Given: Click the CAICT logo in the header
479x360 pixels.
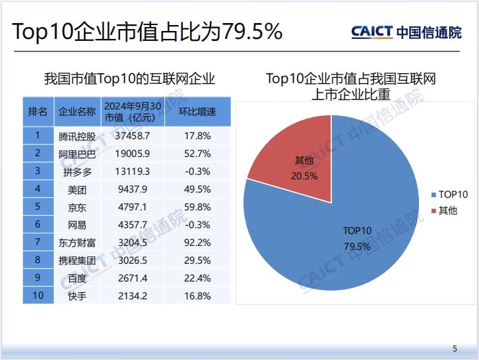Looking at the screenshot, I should click(406, 32).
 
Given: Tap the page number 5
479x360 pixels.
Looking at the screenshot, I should click(454, 349).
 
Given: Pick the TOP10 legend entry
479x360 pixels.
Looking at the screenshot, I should click(449, 195).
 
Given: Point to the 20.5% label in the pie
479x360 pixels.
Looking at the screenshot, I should click(304, 176).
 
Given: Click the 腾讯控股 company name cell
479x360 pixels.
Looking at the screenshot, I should click(77, 136).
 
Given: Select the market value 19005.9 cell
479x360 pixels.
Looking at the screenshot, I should click(132, 154).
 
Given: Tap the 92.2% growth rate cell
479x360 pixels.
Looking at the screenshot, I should click(198, 243).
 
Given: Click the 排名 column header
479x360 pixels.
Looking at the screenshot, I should click(38, 112).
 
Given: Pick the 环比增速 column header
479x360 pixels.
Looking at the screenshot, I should click(198, 112).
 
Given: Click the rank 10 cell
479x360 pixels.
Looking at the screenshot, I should click(38, 295).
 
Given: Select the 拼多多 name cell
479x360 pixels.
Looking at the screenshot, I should click(77, 171).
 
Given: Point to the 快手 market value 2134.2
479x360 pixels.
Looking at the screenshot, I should click(132, 295).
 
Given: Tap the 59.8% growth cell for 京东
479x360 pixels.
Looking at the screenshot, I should click(198, 207).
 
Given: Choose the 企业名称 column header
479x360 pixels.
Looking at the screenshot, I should click(77, 112).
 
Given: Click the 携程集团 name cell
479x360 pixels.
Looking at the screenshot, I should click(77, 260).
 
